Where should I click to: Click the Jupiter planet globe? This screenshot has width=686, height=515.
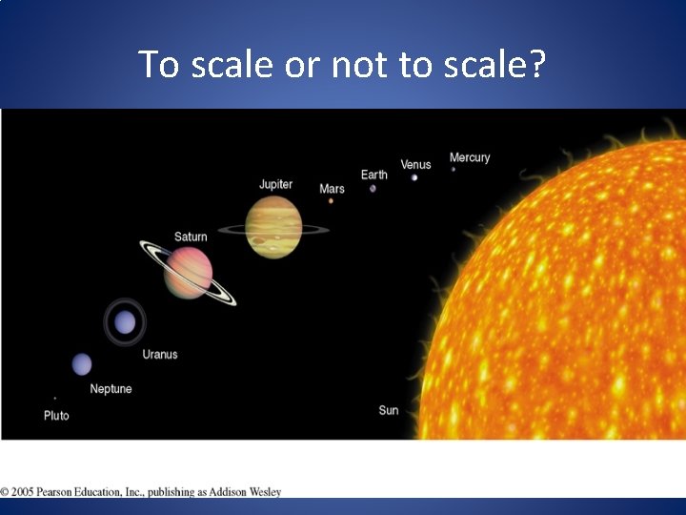click(x=273, y=227)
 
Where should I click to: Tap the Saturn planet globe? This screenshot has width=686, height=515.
click(x=188, y=272)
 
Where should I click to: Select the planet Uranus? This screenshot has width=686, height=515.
click(x=125, y=322)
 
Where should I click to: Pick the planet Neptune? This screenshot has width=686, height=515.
click(x=82, y=363)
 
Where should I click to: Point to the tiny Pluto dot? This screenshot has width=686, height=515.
click(x=54, y=398)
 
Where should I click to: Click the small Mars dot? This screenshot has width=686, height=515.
click(x=331, y=200)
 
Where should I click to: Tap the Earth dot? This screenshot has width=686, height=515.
click(x=373, y=188)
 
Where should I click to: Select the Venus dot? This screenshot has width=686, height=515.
click(x=414, y=177)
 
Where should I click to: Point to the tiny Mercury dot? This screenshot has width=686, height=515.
click(x=454, y=170)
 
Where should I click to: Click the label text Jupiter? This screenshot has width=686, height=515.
click(x=275, y=184)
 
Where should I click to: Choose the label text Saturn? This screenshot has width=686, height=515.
click(x=191, y=237)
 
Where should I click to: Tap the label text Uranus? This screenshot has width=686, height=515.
click(x=160, y=355)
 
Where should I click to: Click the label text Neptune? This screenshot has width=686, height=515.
click(x=111, y=389)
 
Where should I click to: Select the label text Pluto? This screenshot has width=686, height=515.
click(x=56, y=416)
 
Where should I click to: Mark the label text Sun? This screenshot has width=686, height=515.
click(x=389, y=410)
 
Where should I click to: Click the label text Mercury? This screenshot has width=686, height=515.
click(x=470, y=157)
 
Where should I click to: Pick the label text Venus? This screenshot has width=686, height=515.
click(x=415, y=165)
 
